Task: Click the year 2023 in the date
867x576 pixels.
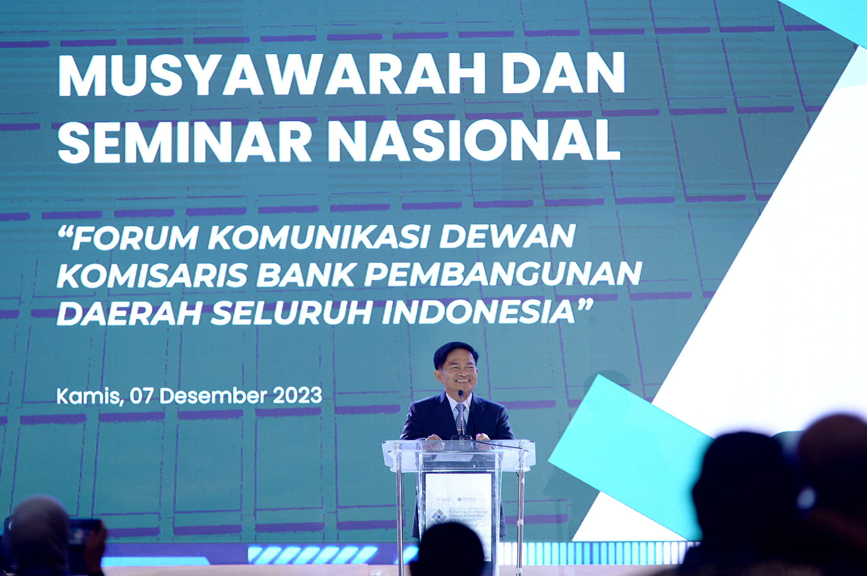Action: tap(297, 396)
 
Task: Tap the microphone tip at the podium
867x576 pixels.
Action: tap(460, 394)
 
